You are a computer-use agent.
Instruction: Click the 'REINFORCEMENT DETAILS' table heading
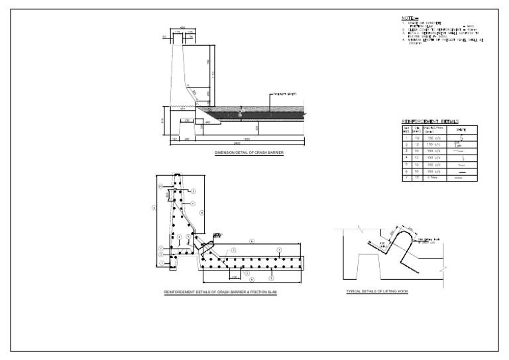(431, 121)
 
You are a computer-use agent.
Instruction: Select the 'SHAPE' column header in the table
(461, 129)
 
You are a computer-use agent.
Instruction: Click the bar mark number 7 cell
(406, 178)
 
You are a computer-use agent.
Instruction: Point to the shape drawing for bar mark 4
(461, 158)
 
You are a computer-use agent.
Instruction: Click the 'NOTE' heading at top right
(409, 18)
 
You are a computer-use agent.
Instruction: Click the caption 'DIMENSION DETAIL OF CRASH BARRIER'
(249, 152)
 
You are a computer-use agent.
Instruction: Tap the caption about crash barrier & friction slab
(220, 292)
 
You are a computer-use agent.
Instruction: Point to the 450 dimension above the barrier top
(182, 28)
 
